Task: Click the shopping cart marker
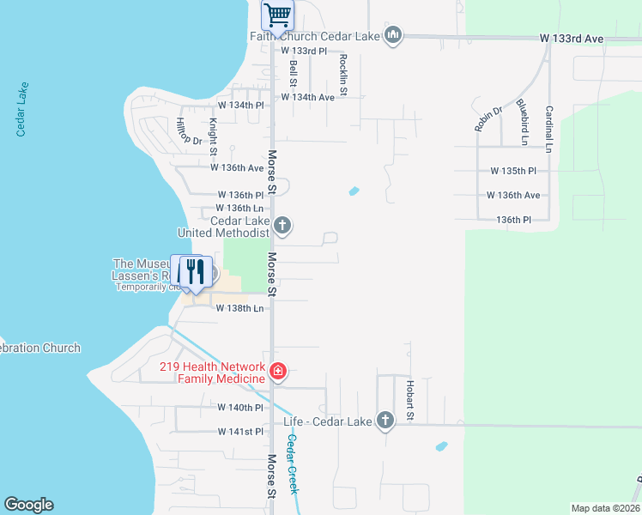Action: click(277, 15)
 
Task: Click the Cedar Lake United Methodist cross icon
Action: click(282, 227)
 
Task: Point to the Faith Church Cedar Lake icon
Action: click(393, 35)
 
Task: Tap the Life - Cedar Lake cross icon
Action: click(385, 421)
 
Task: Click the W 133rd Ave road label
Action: click(572, 39)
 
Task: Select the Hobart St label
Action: click(410, 401)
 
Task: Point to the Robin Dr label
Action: click(488, 118)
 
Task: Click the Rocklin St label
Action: click(343, 74)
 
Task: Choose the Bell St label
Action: click(293, 72)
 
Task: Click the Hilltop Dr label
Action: click(189, 130)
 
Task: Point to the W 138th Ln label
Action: click(239, 307)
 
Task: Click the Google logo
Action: click(29, 505)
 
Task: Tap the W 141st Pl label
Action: click(239, 431)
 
